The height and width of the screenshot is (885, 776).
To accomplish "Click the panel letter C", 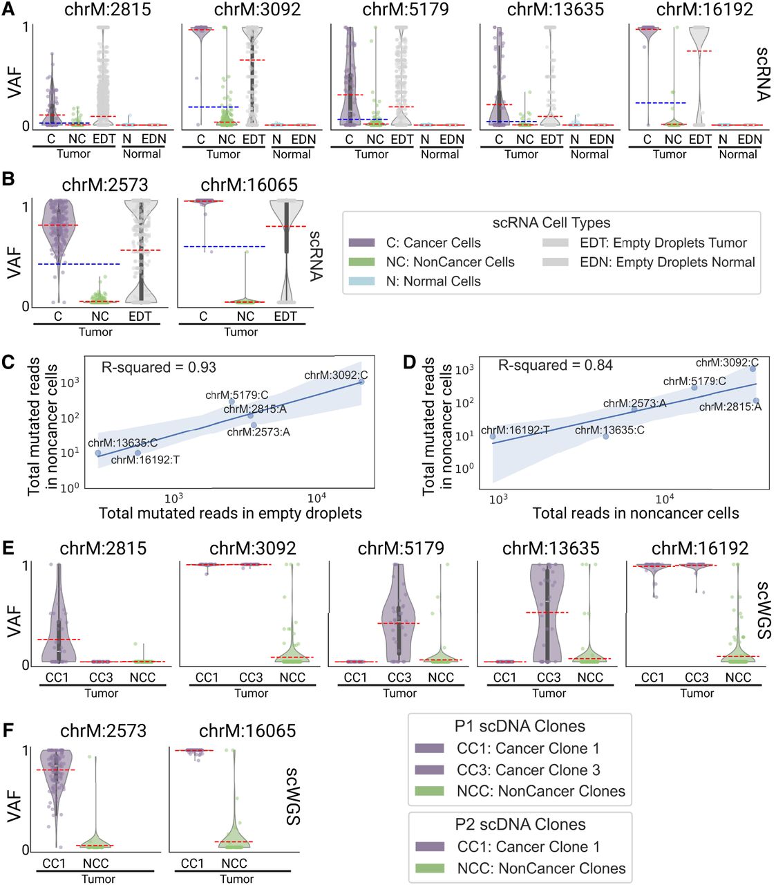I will (x=9, y=362).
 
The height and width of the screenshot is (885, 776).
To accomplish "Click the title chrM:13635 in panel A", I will (x=555, y=10).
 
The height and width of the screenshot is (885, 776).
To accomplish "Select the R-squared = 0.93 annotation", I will (x=159, y=367).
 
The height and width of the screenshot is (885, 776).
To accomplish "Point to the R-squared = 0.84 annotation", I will (x=555, y=365).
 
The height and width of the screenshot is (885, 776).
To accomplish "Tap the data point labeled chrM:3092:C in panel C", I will (x=361, y=382).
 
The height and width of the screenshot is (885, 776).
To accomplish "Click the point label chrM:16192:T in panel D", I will (x=515, y=431).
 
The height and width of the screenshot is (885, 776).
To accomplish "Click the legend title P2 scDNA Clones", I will (x=520, y=824).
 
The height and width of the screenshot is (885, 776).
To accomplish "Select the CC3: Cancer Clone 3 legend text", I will (x=528, y=770).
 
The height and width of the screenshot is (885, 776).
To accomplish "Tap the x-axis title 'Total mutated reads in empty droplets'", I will (x=230, y=513).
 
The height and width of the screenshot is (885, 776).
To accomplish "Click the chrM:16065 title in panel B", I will (x=249, y=185).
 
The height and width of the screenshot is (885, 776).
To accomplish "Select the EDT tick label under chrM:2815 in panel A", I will (x=104, y=139).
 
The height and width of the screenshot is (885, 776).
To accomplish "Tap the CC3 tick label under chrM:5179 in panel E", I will (x=399, y=678).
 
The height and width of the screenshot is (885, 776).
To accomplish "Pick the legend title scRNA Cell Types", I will (x=551, y=223).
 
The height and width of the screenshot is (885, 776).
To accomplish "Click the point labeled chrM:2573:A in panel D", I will (x=634, y=409).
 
